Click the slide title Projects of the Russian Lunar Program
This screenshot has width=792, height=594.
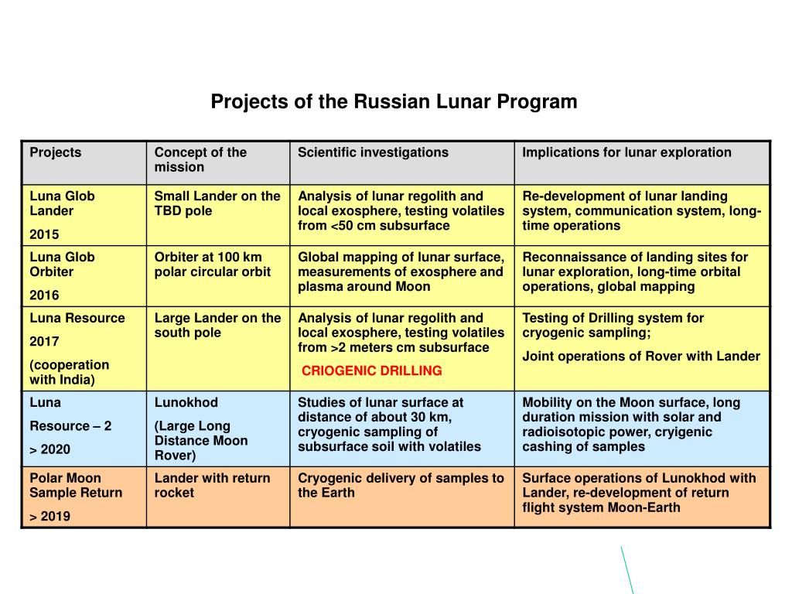[x=394, y=101]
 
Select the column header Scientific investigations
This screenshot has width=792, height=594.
[x=373, y=152]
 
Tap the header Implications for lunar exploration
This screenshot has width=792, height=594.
[x=626, y=152]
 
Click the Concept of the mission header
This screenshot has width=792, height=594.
[x=200, y=160]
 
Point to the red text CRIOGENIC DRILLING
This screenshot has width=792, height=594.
[x=371, y=371]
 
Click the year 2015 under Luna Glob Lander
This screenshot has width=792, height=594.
[x=44, y=234]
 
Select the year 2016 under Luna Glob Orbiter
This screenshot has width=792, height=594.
[x=44, y=295]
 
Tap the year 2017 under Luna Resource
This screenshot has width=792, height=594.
[x=44, y=341]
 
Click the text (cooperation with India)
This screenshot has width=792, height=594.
[x=69, y=372]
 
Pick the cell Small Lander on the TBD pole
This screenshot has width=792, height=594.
[x=217, y=203]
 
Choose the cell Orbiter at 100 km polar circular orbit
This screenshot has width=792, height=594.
[x=212, y=265]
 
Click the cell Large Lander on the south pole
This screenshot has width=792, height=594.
[x=217, y=326]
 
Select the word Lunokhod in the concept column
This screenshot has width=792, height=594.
[x=186, y=403]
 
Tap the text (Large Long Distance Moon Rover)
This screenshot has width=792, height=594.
[x=200, y=441]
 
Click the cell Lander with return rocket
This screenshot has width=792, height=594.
[x=212, y=486]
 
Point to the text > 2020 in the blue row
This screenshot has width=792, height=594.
[x=50, y=450]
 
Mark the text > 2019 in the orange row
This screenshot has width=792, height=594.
[x=50, y=517]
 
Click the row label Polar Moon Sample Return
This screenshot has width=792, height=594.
[x=76, y=486]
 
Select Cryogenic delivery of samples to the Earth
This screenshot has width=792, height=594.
[x=401, y=486]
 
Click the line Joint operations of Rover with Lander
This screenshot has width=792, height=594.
[x=641, y=357]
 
